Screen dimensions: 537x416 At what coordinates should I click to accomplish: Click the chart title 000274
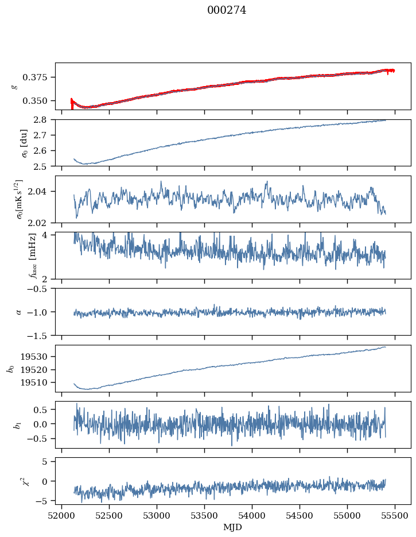(x=227, y=10)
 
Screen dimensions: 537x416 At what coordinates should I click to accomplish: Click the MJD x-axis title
(x=233, y=527)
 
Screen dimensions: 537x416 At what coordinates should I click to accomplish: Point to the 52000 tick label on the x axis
(x=62, y=515)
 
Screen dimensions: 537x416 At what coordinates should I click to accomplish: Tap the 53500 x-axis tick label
(x=205, y=515)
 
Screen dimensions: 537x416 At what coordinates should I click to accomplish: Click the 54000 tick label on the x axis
(x=252, y=515)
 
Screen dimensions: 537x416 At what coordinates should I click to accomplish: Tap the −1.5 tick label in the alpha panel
(x=41, y=335)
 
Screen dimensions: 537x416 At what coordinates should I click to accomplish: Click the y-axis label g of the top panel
(x=15, y=86)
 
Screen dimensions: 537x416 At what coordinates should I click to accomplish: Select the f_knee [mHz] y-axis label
(x=16, y=255)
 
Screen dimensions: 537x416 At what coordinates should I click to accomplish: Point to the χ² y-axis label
(x=16, y=481)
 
